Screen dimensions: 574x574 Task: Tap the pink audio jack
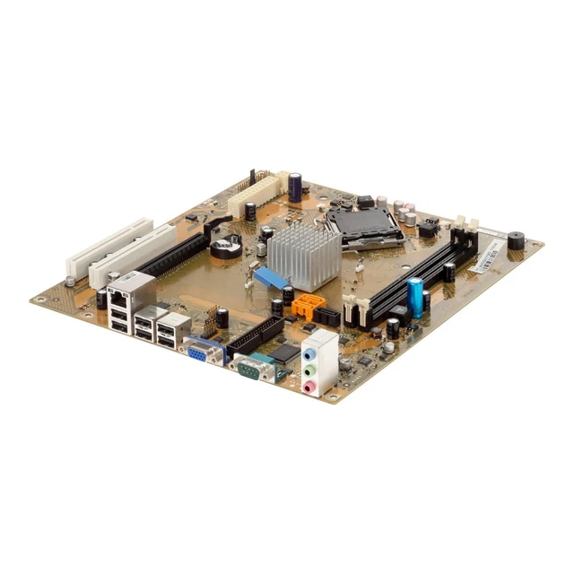tap(310, 387)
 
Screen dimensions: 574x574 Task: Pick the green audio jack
tap(309, 369)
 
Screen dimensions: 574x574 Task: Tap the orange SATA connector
tap(306, 305)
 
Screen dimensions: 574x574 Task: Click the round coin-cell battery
tap(229, 242)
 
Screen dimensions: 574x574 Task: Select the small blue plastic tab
tap(270, 277)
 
